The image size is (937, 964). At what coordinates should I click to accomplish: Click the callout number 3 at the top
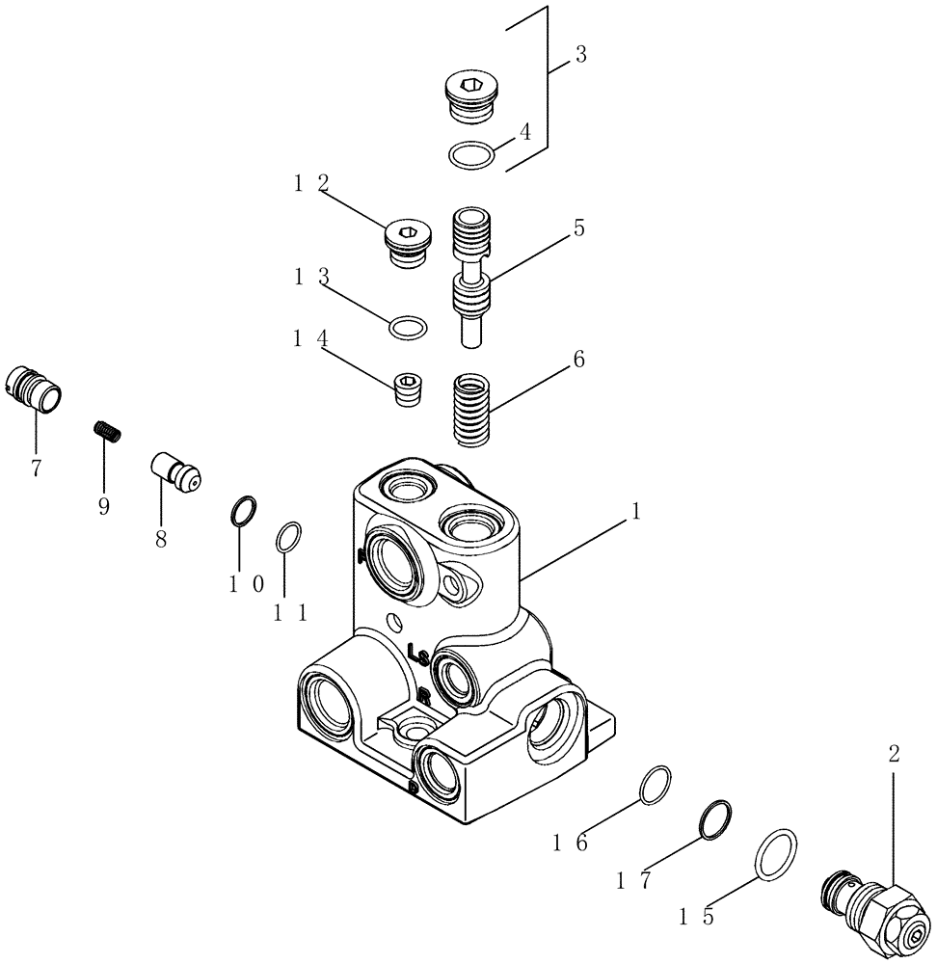(x=580, y=55)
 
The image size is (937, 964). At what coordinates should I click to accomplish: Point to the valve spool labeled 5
(x=471, y=280)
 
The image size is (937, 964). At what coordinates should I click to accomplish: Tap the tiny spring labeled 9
(x=108, y=431)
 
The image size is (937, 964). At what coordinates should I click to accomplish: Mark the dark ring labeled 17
(x=714, y=819)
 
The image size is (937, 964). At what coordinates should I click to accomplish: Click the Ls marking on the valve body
(x=417, y=655)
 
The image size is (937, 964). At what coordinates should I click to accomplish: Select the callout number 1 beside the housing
(x=635, y=515)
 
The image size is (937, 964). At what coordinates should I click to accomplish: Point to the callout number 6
(x=578, y=361)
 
